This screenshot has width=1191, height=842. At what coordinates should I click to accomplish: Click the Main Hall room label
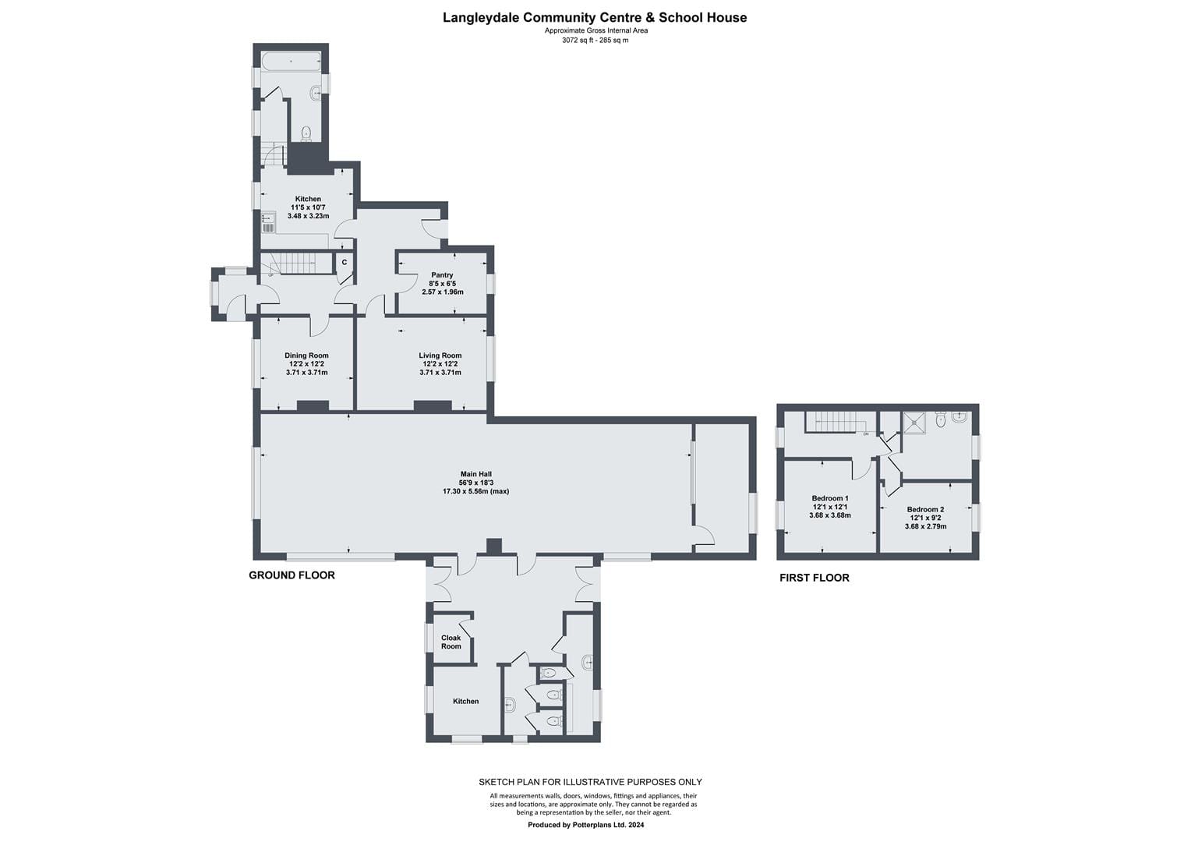point(476,474)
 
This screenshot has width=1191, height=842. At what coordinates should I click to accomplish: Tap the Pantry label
point(442,275)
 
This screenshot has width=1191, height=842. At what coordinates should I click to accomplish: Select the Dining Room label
point(306,356)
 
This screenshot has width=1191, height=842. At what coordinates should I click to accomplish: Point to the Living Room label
point(440,356)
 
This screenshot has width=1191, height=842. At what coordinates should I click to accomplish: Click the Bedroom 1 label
point(830,498)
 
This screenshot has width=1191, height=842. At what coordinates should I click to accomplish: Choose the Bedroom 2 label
point(926,510)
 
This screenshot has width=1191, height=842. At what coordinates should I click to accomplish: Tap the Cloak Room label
point(451,642)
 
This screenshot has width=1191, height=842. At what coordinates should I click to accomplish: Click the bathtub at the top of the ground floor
point(291,61)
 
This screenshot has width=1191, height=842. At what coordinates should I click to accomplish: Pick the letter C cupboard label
point(344,262)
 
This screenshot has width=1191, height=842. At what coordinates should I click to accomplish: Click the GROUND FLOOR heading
point(292,575)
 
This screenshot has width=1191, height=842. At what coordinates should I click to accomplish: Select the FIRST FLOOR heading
point(814,578)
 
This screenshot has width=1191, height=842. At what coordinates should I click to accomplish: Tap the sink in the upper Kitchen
point(268,222)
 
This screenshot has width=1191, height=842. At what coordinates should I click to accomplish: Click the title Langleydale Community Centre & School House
point(595,18)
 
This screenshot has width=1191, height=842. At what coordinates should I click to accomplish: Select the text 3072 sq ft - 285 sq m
point(595,40)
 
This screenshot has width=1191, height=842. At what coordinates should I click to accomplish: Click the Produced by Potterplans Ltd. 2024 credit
point(586,825)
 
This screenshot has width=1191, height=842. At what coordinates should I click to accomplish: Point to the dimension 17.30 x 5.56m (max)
point(476,491)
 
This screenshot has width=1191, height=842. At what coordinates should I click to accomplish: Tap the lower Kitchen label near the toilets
point(466,701)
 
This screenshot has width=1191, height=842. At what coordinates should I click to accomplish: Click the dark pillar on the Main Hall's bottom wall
point(494,547)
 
